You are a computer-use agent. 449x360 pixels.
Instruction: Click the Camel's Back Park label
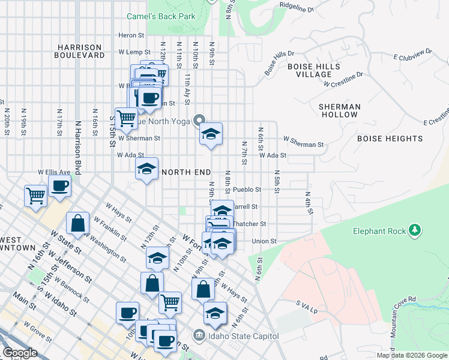click(161, 17)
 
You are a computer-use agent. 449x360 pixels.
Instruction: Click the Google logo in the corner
click(20, 353)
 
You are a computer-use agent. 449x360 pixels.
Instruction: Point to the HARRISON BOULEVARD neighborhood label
click(79, 51)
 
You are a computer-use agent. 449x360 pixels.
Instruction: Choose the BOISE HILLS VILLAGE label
click(314, 70)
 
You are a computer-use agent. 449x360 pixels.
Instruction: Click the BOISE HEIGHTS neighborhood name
click(390, 139)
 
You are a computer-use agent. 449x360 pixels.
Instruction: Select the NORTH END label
click(186, 172)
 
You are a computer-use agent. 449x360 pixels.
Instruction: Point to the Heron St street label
click(128, 36)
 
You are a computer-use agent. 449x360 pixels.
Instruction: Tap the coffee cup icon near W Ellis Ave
click(59, 186)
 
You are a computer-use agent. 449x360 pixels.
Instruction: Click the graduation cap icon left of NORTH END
click(146, 170)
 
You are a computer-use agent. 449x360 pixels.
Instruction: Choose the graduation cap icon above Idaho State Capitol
click(214, 313)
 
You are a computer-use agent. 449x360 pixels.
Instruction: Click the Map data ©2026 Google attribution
click(411, 355)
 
